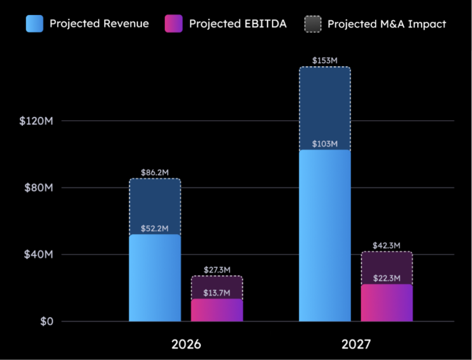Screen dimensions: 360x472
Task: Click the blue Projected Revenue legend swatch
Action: click(x=34, y=24)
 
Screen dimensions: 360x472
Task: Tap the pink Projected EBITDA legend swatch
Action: click(x=173, y=24)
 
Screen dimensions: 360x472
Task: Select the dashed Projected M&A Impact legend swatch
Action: click(x=313, y=24)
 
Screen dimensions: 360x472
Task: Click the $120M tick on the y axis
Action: click(x=36, y=121)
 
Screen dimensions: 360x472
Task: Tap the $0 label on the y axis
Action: click(x=46, y=321)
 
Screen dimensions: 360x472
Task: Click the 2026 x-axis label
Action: click(x=186, y=344)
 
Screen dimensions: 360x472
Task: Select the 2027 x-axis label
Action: click(x=356, y=344)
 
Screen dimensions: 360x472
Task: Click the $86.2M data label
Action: click(x=155, y=173)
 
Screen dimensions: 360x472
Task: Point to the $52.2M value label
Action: click(x=155, y=229)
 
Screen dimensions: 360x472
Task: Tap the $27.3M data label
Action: click(x=217, y=270)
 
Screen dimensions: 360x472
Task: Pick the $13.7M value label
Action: click(x=217, y=293)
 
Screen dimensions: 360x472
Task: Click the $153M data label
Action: click(x=325, y=61)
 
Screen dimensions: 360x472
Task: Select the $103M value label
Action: click(x=325, y=144)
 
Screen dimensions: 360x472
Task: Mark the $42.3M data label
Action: click(x=386, y=245)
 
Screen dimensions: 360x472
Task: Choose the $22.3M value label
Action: click(x=386, y=278)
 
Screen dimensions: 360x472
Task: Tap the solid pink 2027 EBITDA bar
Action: click(x=386, y=304)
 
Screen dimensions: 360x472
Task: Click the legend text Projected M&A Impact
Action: click(x=387, y=24)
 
